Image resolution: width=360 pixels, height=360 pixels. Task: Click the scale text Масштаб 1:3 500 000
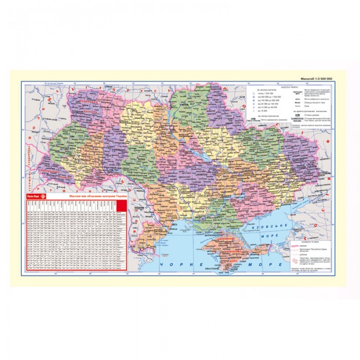(316, 78)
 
